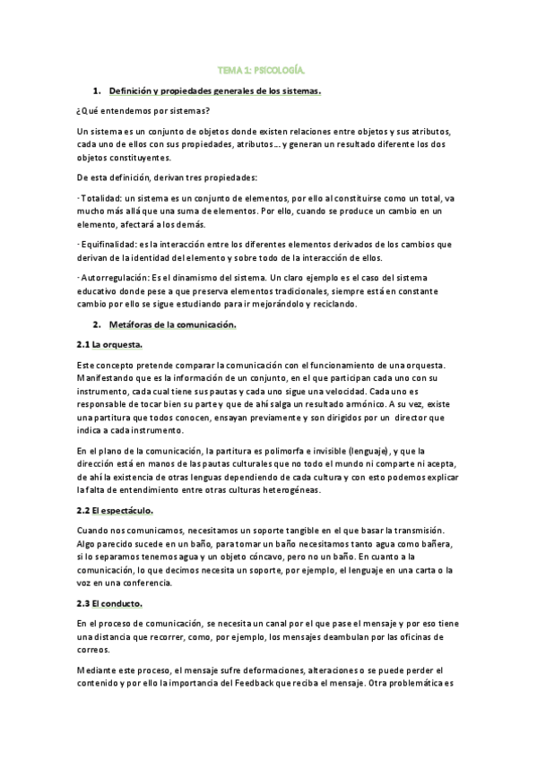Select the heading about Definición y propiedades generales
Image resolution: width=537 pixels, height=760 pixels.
coord(214,91)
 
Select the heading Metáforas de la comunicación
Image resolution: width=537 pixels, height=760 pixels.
coord(172,325)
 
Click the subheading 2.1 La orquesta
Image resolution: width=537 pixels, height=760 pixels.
coord(110,344)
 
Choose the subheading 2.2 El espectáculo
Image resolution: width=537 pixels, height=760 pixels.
coord(116,510)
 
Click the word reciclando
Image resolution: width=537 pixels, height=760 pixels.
coord(334,303)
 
